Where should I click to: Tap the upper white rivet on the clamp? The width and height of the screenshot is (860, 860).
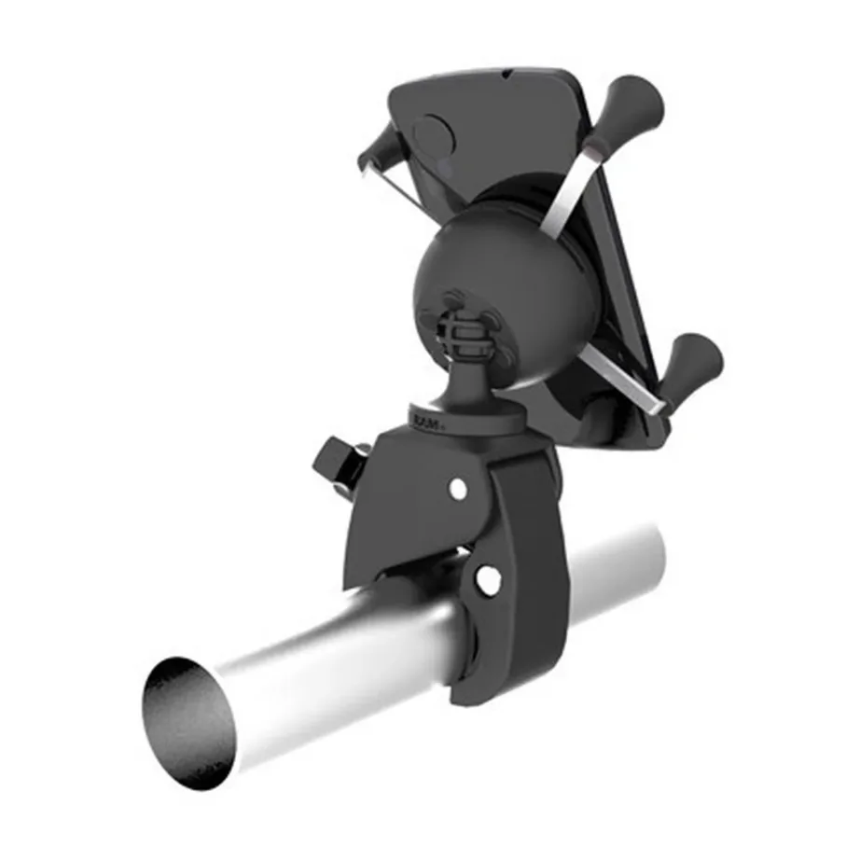pyautogui.click(x=458, y=488)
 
